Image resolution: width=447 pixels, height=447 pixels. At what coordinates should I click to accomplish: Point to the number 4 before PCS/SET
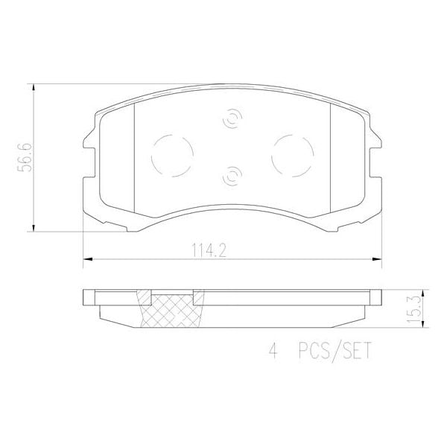pyautogui.click(x=273, y=349)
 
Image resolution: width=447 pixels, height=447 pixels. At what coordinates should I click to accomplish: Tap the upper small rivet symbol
pyautogui.click(x=232, y=119)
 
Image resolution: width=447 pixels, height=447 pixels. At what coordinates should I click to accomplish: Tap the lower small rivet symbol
pyautogui.click(x=232, y=176)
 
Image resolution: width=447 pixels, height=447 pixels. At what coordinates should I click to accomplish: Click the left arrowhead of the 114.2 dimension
pyautogui.click(x=84, y=259)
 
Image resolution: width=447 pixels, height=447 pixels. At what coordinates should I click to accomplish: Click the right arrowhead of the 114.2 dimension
pyautogui.click(x=378, y=259)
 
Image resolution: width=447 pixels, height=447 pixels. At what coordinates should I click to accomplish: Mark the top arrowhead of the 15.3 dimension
pyautogui.click(x=421, y=292)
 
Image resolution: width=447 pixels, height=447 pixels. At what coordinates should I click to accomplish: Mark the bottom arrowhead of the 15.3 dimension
pyautogui.click(x=421, y=322)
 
